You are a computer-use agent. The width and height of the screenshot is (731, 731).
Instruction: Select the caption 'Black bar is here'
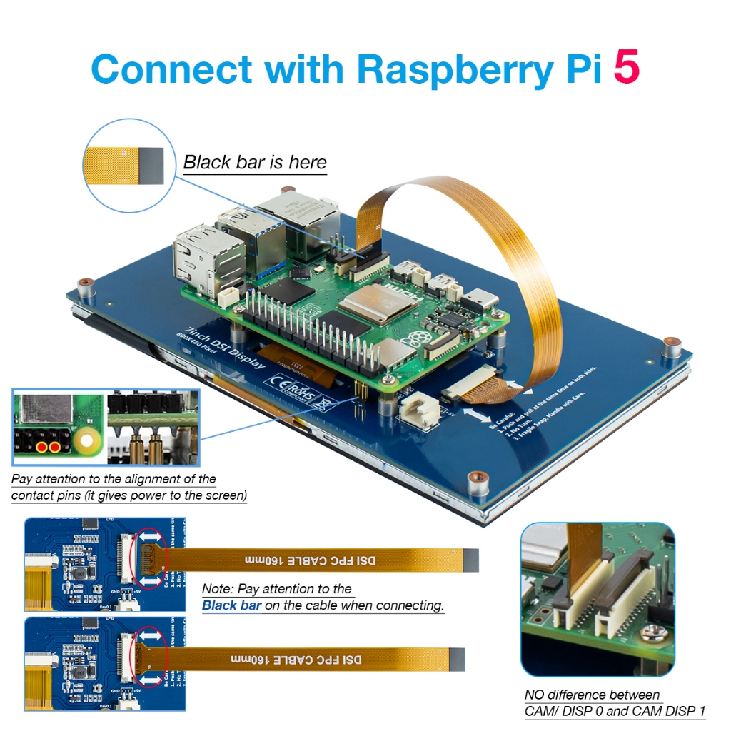point(255,163)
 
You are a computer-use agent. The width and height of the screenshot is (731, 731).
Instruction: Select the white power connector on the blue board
point(416,413)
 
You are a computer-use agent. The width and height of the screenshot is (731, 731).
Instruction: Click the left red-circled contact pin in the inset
point(42,448)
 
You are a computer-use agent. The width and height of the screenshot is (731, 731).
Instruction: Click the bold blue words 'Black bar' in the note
point(231,605)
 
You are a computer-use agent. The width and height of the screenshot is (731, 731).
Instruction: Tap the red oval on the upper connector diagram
point(151,559)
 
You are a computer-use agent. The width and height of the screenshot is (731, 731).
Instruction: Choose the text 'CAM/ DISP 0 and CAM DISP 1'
point(615,711)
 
